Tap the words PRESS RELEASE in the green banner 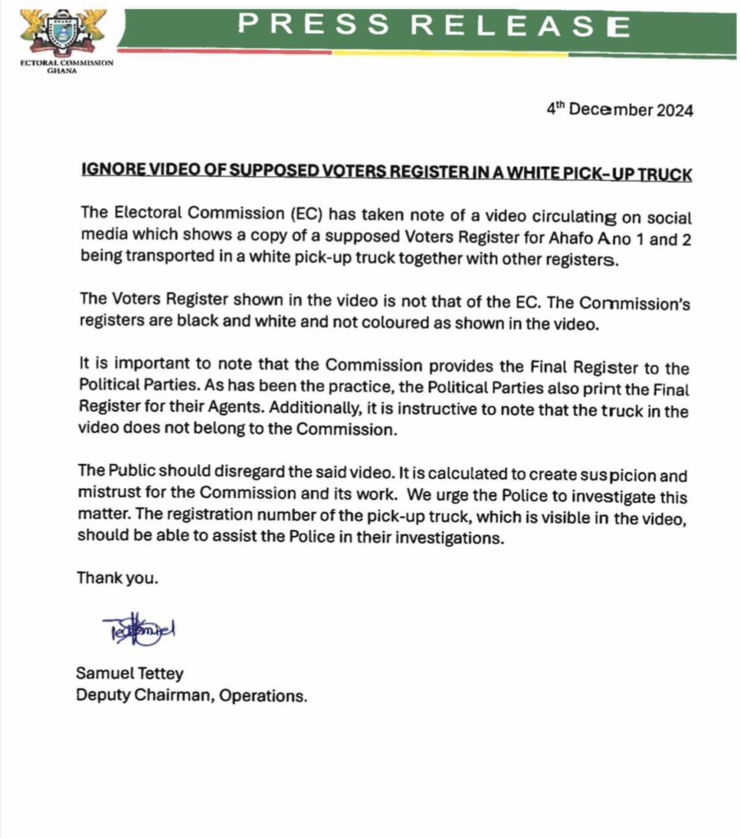434,25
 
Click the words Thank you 117,578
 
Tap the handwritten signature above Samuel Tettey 139,628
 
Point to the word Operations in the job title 268,696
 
